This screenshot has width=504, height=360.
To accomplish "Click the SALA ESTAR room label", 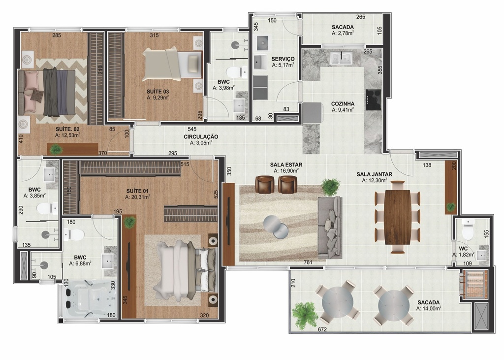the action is click(x=286, y=164).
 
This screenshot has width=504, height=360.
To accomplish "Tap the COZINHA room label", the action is click(x=343, y=104).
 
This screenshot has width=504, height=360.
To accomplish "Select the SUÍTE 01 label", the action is click(x=138, y=191).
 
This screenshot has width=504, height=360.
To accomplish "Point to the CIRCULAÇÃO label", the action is click(x=201, y=137).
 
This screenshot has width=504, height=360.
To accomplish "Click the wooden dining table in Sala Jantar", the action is click(x=398, y=218).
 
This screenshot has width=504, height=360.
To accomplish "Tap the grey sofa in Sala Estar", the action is click(x=330, y=227).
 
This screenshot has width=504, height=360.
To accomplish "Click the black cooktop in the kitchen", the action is click(x=373, y=100).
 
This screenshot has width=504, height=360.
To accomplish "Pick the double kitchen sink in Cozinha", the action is click(x=342, y=58).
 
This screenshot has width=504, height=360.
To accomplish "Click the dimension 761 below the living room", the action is click(x=308, y=262).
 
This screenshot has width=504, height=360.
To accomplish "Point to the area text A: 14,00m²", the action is click(x=429, y=308).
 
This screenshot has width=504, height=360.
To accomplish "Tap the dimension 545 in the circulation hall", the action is click(x=192, y=130).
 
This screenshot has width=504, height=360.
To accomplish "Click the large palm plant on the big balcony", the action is click(x=305, y=314).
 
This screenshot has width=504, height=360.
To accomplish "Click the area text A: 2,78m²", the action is click(x=343, y=33).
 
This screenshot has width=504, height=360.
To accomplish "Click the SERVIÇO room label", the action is click(x=283, y=59).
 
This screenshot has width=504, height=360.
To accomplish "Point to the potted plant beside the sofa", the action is click(x=330, y=187).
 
